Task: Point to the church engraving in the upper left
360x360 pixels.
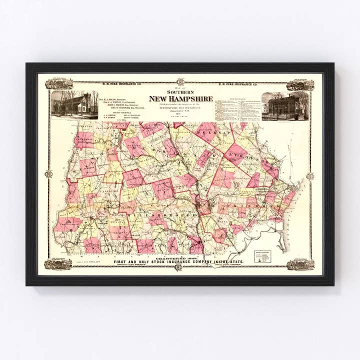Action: point(74,104)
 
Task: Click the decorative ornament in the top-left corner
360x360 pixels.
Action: point(58,83)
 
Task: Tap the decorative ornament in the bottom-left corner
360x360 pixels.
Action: point(58,263)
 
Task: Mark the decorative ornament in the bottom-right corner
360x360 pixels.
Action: point(300,264)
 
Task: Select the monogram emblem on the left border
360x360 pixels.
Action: point(48,174)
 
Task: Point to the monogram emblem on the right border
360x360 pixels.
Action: point(310,176)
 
